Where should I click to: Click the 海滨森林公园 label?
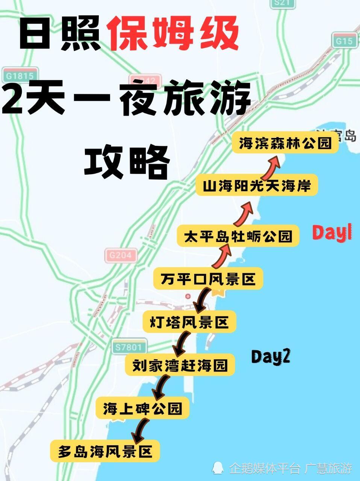285,143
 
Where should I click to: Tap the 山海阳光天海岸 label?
257,186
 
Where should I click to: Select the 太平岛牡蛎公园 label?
238,236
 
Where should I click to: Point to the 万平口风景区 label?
208,279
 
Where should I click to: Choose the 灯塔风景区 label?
189,322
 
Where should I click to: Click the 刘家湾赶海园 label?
180,365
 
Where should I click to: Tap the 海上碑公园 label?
142,408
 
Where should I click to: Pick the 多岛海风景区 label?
105,451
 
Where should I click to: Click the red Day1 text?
332,233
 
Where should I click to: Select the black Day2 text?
271,357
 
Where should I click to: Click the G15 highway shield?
344,41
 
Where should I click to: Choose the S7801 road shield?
129,347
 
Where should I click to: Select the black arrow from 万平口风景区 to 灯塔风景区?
202,299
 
